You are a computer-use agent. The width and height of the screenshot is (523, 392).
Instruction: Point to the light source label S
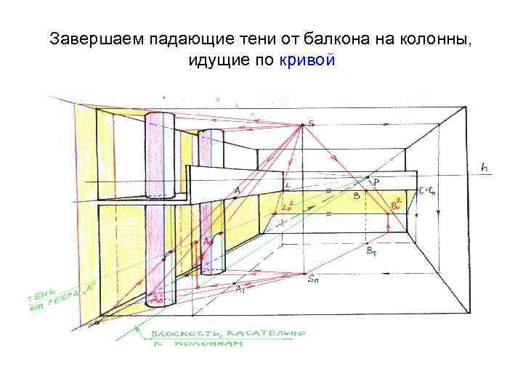point(312,123)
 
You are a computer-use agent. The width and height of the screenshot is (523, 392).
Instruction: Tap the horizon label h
point(485,168)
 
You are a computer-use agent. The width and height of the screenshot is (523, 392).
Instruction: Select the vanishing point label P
point(376,181)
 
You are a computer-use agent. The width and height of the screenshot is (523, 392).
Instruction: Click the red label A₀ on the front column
point(156,298)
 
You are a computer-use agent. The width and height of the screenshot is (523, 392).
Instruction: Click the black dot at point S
point(302,126)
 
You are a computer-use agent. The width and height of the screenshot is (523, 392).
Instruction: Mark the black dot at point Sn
point(302,274)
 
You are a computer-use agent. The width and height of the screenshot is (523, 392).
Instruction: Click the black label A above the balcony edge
point(237,191)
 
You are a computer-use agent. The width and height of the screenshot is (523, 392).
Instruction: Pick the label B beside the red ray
point(356,196)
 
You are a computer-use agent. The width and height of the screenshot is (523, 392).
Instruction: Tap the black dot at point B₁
point(368,242)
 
